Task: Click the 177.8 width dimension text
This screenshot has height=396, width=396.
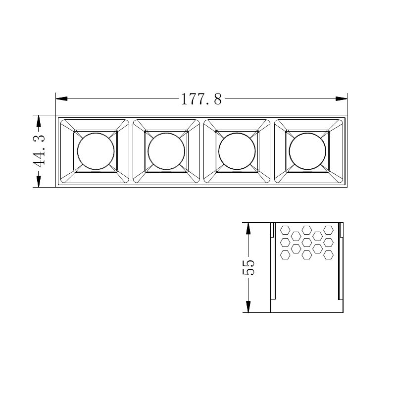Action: [x=201, y=99]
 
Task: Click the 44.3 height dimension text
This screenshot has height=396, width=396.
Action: [x=39, y=151]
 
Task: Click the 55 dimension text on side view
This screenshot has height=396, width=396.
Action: [x=248, y=267]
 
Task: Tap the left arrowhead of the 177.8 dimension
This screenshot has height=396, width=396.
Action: [x=61, y=99]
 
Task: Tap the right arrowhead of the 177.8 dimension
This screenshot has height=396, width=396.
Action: [x=341, y=99]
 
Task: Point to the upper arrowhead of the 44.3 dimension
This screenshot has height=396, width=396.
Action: [x=38, y=121]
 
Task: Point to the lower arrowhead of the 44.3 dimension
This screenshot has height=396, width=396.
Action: [x=38, y=181]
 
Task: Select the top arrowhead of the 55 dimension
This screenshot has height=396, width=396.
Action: [x=248, y=229]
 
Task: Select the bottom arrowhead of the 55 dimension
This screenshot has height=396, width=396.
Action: [x=248, y=306]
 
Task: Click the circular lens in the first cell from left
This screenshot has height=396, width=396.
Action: [x=96, y=133]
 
